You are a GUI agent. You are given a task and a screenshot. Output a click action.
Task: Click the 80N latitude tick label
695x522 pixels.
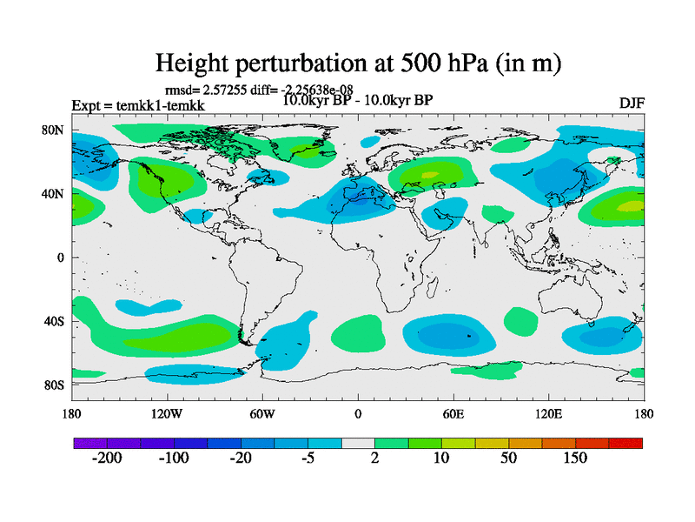[54, 130]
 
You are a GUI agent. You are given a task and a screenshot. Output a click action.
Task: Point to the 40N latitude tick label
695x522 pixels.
[54, 194]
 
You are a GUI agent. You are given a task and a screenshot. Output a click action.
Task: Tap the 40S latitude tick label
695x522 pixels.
[55, 321]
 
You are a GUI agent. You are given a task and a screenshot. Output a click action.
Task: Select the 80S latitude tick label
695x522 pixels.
[55, 385]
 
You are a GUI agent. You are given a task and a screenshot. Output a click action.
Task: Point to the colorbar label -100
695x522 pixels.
[174, 458]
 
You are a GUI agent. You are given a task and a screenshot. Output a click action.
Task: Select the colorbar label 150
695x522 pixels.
[576, 458]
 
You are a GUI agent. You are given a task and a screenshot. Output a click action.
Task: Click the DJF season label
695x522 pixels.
[631, 103]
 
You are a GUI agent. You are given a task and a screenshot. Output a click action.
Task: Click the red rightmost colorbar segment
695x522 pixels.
[625, 443]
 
